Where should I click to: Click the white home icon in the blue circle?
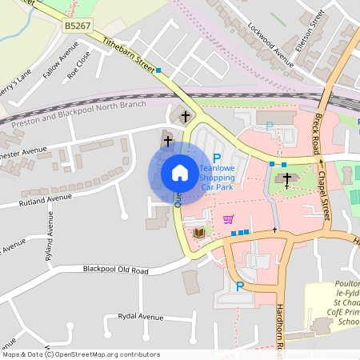tap(179, 173)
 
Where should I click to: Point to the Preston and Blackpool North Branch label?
tap(74, 110)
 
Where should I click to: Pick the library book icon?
tap(198, 232)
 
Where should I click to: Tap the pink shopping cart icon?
tap(229, 218)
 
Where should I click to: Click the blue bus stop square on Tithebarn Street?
tap(158, 70)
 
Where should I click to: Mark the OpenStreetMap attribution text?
tap(81, 354)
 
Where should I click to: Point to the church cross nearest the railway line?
tap(186, 117)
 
